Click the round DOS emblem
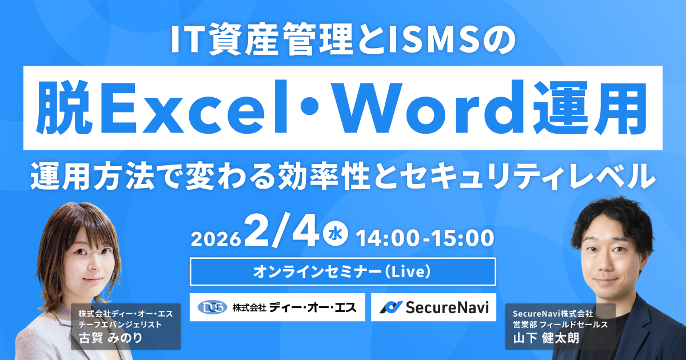[x=212, y=307]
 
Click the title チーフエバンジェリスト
[x=121, y=324]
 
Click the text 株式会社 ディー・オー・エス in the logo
[x=294, y=307]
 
